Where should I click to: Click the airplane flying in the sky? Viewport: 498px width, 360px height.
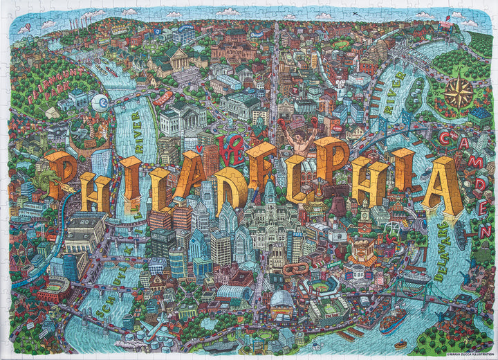[x=355, y=13]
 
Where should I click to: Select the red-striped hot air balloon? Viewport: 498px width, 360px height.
[x=28, y=28]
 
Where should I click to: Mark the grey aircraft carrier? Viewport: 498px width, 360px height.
[x=221, y=346]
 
